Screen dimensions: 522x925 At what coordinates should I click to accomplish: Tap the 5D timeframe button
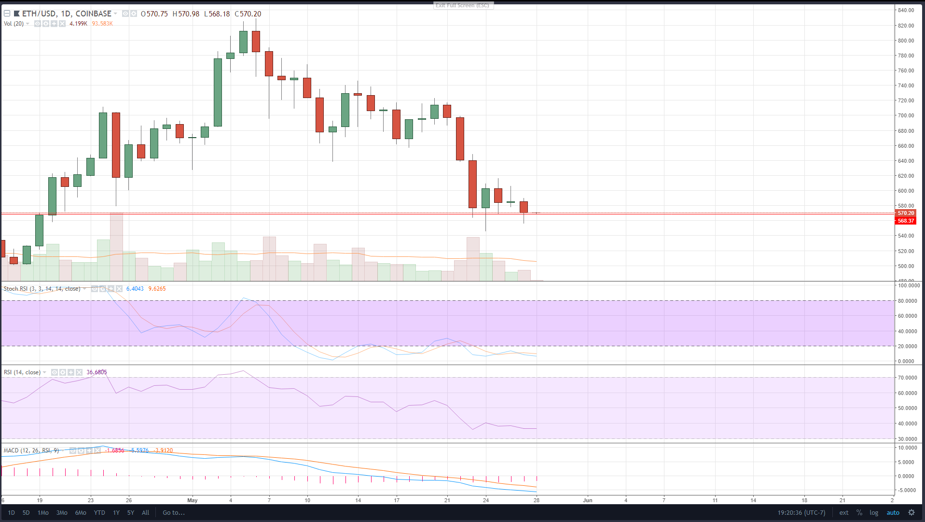[26, 512]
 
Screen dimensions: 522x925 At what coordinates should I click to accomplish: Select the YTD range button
[99, 512]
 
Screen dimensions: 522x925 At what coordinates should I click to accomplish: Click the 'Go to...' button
[174, 512]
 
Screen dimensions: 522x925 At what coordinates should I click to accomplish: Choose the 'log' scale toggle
[874, 512]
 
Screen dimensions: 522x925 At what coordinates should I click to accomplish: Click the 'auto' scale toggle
[893, 512]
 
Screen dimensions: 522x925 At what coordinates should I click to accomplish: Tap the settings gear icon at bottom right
[911, 512]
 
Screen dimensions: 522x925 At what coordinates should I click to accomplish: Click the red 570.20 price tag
[905, 213]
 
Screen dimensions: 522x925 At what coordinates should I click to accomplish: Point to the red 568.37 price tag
[905, 221]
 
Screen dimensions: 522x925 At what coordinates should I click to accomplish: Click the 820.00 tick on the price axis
[906, 26]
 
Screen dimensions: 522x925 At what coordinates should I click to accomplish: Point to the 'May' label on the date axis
[193, 500]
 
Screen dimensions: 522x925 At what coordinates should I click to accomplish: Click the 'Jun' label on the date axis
[587, 500]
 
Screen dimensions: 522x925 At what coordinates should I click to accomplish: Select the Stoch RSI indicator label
[42, 289]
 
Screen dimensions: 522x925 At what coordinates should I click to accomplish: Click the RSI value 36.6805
[97, 372]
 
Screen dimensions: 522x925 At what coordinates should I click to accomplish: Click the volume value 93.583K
[102, 24]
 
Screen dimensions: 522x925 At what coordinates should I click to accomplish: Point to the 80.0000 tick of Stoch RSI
[907, 301]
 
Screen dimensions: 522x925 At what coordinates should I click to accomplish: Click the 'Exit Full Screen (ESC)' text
[462, 5]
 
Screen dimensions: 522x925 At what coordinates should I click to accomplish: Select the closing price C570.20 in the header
[248, 14]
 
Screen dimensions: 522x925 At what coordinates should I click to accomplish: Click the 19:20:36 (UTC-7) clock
[801, 512]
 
